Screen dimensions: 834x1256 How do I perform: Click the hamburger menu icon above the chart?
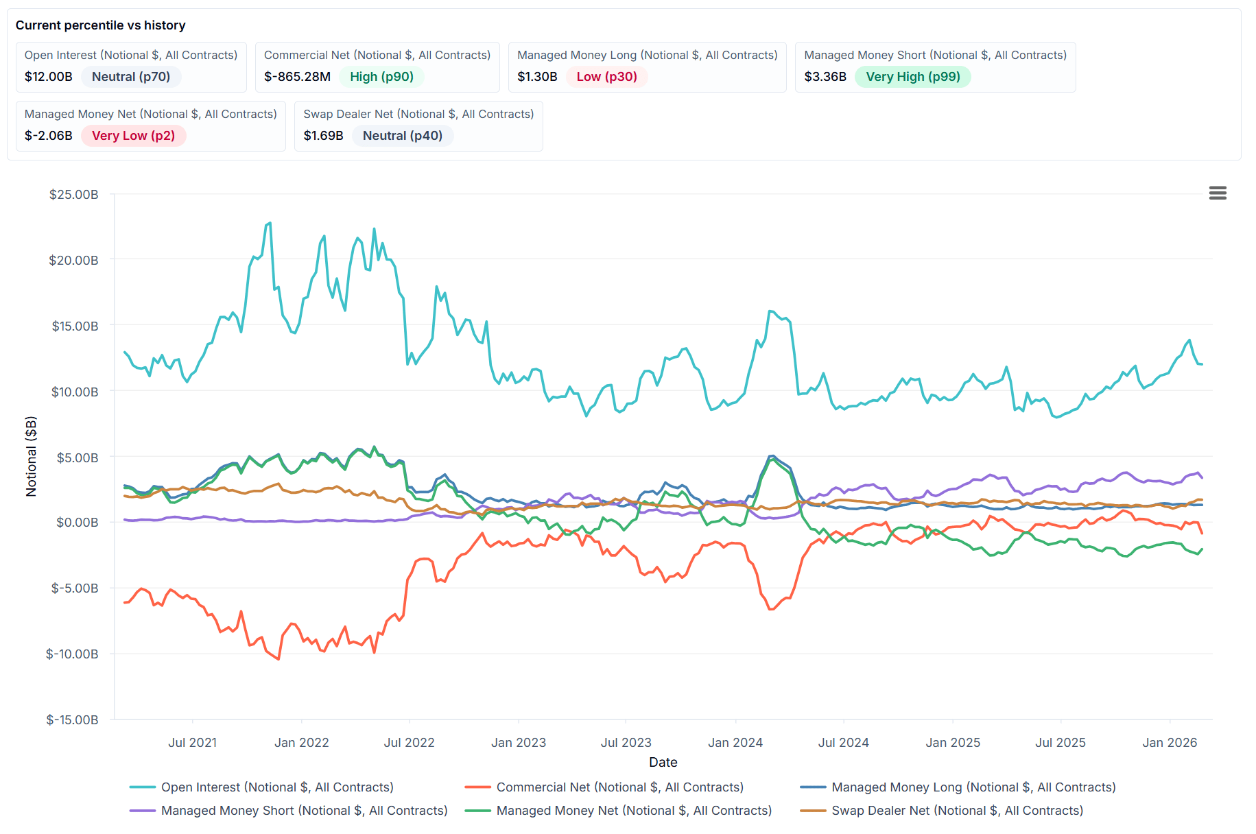pyautogui.click(x=1218, y=193)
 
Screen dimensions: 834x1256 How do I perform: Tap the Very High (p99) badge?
pyautogui.click(x=912, y=77)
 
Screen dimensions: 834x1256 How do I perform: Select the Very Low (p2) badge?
pyautogui.click(x=133, y=136)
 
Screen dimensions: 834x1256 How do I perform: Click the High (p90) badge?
pyautogui.click(x=381, y=77)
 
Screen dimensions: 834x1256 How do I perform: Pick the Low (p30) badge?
pyautogui.click(x=606, y=77)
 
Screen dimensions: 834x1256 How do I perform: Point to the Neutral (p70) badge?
pyautogui.click(x=130, y=77)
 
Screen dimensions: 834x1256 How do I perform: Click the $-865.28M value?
pyautogui.click(x=297, y=77)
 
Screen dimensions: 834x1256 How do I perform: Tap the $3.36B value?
pyautogui.click(x=825, y=77)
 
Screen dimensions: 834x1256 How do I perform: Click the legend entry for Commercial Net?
pyautogui.click(x=619, y=787)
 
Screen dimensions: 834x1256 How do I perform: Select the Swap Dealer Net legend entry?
pyautogui.click(x=957, y=811)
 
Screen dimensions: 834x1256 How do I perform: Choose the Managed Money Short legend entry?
pyautogui.click(x=304, y=811)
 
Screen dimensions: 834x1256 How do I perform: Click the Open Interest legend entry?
pyautogui.click(x=277, y=787)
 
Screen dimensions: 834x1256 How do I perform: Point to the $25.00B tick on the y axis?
pyautogui.click(x=73, y=195)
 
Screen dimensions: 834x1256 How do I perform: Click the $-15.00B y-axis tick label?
pyautogui.click(x=72, y=720)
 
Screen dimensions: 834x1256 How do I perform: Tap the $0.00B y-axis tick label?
pyautogui.click(x=77, y=523)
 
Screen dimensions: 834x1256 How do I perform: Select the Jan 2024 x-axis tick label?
pyautogui.click(x=735, y=743)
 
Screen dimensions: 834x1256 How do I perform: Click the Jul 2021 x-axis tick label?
pyautogui.click(x=192, y=743)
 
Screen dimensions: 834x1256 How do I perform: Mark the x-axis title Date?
pyautogui.click(x=663, y=762)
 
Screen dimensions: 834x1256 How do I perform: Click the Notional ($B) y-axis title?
pyautogui.click(x=31, y=456)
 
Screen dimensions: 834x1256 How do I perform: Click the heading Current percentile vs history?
pyautogui.click(x=100, y=25)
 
